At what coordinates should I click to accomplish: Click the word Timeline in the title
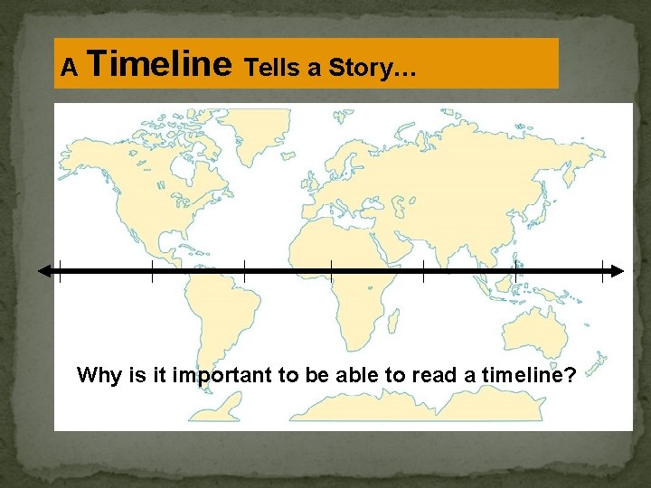pyautogui.click(x=161, y=64)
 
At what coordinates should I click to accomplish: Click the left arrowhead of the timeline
pyautogui.click(x=43, y=270)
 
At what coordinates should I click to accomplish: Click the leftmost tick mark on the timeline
pyautogui.click(x=60, y=270)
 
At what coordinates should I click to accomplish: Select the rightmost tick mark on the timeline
pyautogui.click(x=602, y=270)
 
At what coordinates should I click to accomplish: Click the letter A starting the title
pyautogui.click(x=68, y=67)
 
